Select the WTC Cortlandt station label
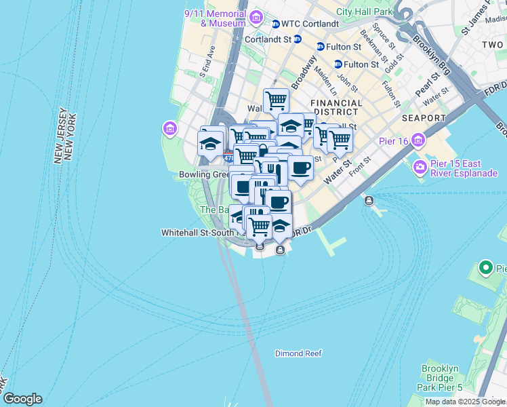(310, 24)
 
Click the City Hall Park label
(365, 12)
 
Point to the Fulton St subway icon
(321, 46)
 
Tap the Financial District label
(336, 107)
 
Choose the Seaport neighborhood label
(424, 118)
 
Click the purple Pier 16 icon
(418, 141)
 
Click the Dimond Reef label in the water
(298, 353)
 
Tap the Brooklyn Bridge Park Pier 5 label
(441, 378)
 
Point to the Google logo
(22, 399)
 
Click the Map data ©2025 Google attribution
(465, 402)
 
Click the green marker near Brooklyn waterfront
(485, 268)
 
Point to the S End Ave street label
(206, 62)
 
